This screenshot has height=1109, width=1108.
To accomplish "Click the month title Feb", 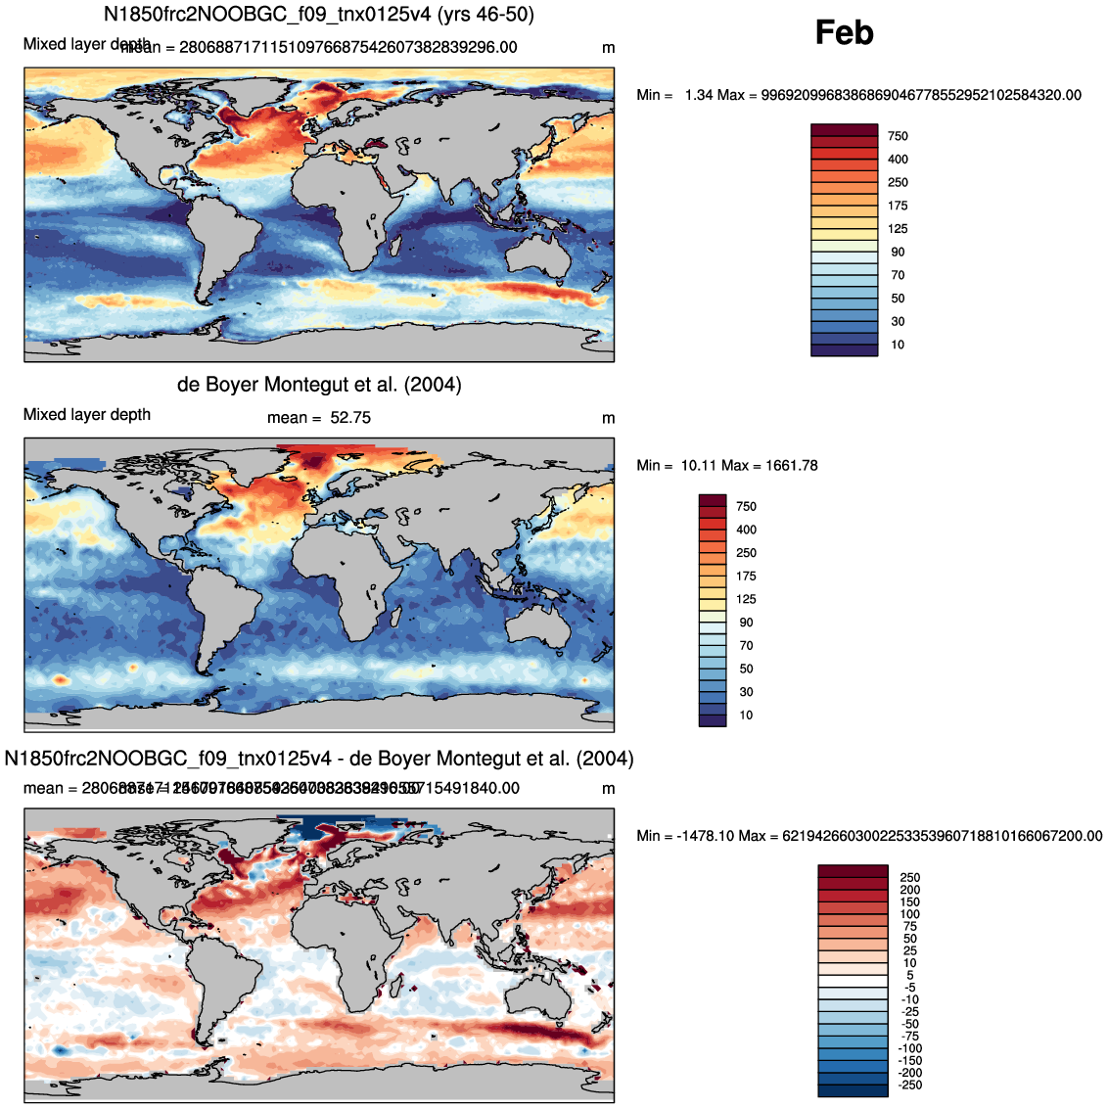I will tap(844, 33).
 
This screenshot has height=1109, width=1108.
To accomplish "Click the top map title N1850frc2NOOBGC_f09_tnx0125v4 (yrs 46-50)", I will tap(319, 15).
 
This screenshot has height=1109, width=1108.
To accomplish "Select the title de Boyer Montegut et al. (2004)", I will tap(319, 385).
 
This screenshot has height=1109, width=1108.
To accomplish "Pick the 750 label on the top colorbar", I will tap(898, 136).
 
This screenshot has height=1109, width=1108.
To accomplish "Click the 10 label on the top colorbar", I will tap(898, 345).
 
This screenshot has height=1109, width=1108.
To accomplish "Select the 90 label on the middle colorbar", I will tap(746, 623).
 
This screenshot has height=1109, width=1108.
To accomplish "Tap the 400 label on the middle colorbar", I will tap(746, 530).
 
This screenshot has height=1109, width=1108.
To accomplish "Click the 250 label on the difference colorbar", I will tap(910, 878).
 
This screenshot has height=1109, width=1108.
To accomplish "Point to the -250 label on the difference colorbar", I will tap(908, 1085).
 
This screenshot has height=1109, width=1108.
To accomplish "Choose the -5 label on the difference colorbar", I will tap(909, 988).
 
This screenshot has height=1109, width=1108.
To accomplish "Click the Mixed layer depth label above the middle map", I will tap(87, 415).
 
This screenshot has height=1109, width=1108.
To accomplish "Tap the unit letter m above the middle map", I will tap(608, 419).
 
